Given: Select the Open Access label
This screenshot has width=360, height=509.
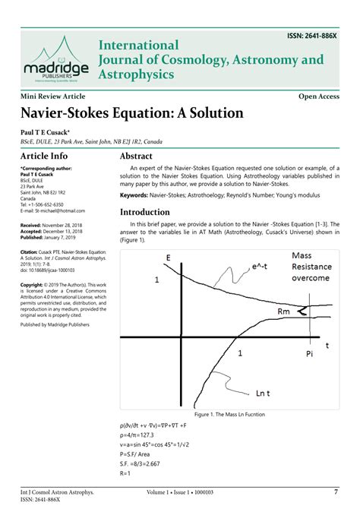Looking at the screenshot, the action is (318, 96).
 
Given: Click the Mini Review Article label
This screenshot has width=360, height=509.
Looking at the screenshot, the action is (53, 96).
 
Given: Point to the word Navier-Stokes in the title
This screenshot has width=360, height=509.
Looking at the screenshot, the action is (65, 114).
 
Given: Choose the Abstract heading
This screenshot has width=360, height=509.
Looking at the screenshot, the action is (141, 156).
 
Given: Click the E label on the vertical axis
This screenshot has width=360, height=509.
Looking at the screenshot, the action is (167, 258).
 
